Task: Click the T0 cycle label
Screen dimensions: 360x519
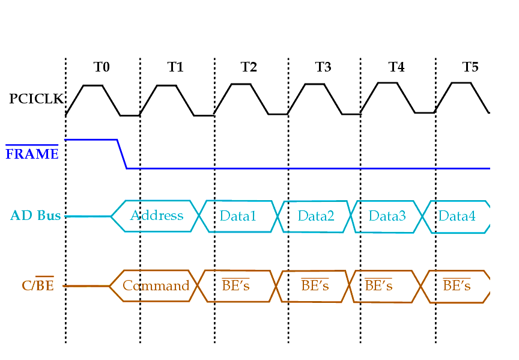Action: [x=102, y=67]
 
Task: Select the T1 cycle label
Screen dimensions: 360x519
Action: [x=175, y=67]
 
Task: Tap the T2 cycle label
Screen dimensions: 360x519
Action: [x=249, y=67]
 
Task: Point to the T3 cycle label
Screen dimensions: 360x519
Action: [x=323, y=67]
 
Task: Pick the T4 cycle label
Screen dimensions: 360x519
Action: [x=396, y=67]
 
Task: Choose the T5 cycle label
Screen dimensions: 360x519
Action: [x=470, y=67]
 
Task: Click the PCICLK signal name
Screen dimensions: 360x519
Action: [x=36, y=99]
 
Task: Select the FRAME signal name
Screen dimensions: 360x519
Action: [x=32, y=154]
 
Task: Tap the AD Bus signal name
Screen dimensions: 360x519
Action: [x=35, y=215]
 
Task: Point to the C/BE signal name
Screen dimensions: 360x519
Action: [x=38, y=285]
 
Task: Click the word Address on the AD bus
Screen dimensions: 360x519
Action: [x=157, y=215]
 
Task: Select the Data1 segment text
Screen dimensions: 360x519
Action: [x=238, y=215]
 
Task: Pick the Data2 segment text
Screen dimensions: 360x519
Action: [x=316, y=215]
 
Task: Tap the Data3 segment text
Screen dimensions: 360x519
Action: [x=387, y=215]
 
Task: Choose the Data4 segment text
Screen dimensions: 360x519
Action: [x=457, y=215]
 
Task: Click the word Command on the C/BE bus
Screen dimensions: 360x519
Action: [x=156, y=285]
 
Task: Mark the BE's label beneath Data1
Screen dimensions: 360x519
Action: [x=235, y=285]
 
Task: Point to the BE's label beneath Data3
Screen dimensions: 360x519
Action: [x=378, y=285]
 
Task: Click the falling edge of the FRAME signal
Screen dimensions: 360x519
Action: [x=122, y=154]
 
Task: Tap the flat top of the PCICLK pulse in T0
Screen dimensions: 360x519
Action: [x=93, y=85]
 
